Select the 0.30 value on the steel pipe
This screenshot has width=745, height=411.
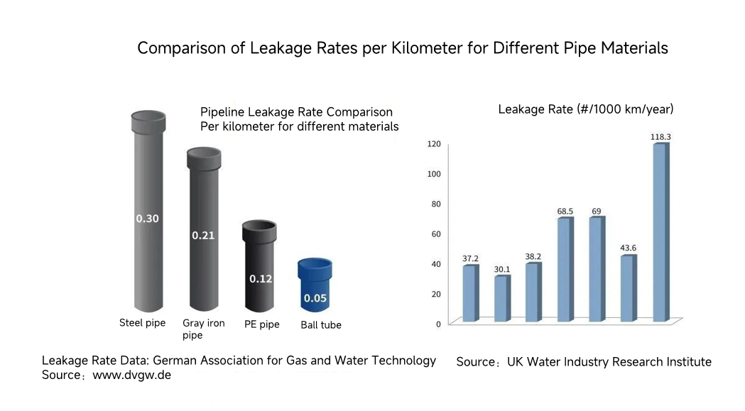[x=148, y=219]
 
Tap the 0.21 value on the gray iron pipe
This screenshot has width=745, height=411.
[x=203, y=235]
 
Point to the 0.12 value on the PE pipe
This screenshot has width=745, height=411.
[x=261, y=279]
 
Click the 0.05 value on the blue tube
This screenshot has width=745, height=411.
[x=315, y=298]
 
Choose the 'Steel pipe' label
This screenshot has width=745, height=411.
[x=142, y=323]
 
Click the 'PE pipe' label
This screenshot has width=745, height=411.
[x=261, y=324]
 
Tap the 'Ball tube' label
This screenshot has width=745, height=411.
[x=320, y=325]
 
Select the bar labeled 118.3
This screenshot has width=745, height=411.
[x=660, y=232]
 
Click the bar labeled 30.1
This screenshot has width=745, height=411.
[x=501, y=298]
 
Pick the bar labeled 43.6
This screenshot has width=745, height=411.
[x=628, y=288]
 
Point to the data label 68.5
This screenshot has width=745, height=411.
[x=565, y=212]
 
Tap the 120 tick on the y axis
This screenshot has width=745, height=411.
[x=434, y=144]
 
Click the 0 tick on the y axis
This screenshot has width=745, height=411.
[x=438, y=324]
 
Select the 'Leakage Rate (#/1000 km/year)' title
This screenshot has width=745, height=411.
[x=586, y=109]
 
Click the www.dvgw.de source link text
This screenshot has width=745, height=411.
[x=132, y=375]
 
